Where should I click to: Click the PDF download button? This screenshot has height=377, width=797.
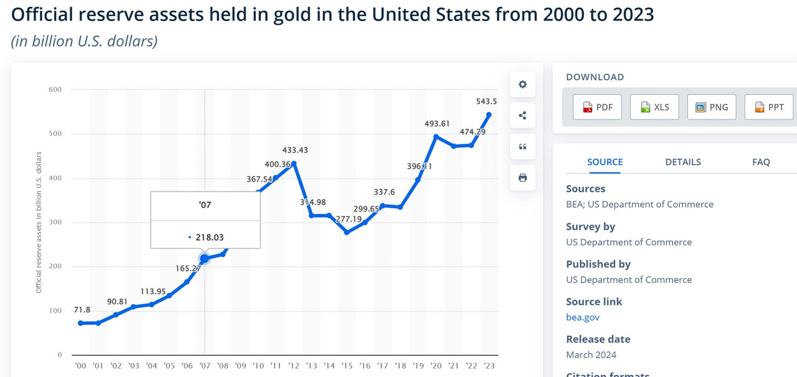pyautogui.click(x=597, y=107)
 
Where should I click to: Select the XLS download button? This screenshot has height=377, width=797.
pyautogui.click(x=654, y=107)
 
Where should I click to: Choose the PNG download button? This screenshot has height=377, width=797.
pyautogui.click(x=712, y=107)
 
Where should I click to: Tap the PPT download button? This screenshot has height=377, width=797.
pyautogui.click(x=769, y=107)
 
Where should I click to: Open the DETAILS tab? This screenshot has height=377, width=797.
pyautogui.click(x=682, y=162)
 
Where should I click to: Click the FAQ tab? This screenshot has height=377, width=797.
pyautogui.click(x=761, y=162)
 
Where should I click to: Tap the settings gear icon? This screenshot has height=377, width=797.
pyautogui.click(x=522, y=85)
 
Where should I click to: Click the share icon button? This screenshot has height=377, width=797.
pyautogui.click(x=522, y=116)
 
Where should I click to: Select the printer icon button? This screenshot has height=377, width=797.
pyautogui.click(x=522, y=178)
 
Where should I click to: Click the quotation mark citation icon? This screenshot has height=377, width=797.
pyautogui.click(x=522, y=147)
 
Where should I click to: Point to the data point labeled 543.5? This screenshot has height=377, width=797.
pyautogui.click(x=489, y=114)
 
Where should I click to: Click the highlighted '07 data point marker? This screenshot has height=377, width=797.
pyautogui.click(x=204, y=258)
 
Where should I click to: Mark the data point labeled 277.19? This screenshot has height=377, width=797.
pyautogui.click(x=347, y=232)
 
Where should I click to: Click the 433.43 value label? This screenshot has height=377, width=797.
pyautogui.click(x=295, y=150)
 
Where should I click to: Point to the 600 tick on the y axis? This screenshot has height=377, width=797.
pyautogui.click(x=55, y=90)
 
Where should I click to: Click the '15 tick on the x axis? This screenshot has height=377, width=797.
pyautogui.click(x=347, y=366)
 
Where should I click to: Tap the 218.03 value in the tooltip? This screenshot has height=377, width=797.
pyautogui.click(x=210, y=237)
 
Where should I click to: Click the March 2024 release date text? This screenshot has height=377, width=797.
pyautogui.click(x=591, y=355)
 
